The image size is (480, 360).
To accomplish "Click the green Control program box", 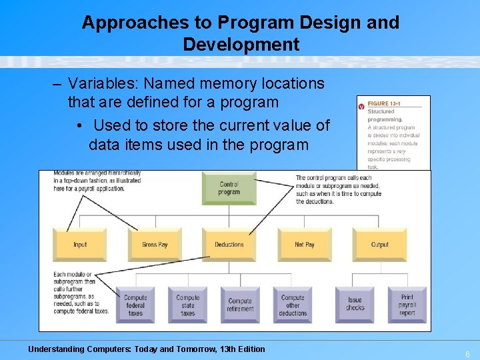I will [229, 189].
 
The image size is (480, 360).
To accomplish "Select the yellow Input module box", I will [80, 244].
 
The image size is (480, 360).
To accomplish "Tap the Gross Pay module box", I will [155, 244].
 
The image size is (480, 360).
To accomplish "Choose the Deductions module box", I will [229, 244].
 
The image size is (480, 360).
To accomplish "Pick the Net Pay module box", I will [305, 244].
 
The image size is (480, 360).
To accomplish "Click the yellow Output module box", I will [379, 244].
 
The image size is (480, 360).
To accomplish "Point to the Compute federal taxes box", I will [135, 305].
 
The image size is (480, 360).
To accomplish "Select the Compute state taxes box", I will [188, 305].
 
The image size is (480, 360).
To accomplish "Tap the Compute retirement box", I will [240, 305].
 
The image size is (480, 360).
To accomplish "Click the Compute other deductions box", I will [293, 305].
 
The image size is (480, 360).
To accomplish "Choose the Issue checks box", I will [355, 305].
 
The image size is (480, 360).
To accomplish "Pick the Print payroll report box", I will [407, 305].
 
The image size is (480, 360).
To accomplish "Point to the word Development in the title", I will [241, 45].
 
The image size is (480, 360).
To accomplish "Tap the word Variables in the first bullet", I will [99, 84].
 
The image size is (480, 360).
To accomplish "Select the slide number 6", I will [467, 354].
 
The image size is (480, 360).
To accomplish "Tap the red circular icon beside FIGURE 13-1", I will [361, 105].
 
